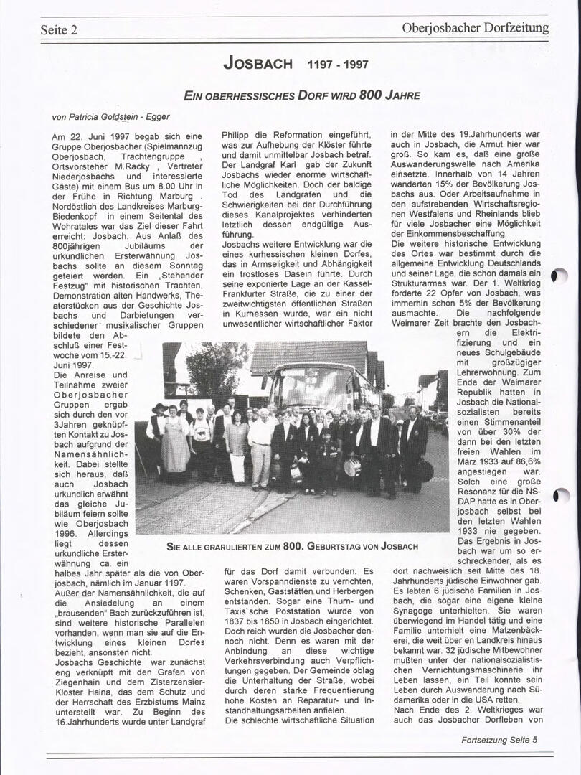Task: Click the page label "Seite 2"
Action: [x=59, y=29]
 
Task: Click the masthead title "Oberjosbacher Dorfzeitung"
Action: [x=475, y=28]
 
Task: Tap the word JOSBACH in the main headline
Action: [x=258, y=63]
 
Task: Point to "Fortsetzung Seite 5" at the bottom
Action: [x=499, y=739]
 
